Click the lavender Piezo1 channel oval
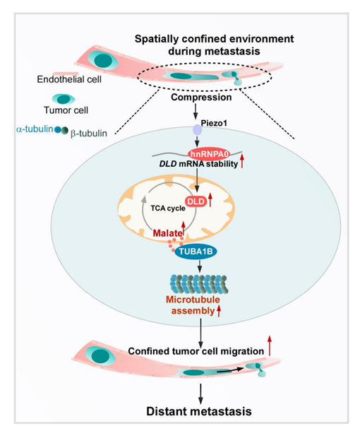coord(198,129)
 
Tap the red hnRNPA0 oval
coord(209,153)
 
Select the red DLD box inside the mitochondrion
coord(196,201)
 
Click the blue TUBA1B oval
coord(196,251)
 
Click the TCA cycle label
coord(168,208)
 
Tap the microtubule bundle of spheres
coord(198,284)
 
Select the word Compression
coord(201,97)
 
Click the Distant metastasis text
coord(199,411)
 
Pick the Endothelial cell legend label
coord(69,79)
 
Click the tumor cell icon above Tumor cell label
coord(64,99)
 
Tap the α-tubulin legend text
coord(35,129)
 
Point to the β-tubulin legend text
coord(89,134)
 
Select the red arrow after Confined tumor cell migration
coord(270,345)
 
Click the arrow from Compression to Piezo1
coord(196,111)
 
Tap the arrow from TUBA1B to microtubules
coord(200,266)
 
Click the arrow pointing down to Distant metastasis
coord(200,393)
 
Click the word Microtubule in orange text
coord(193,300)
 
